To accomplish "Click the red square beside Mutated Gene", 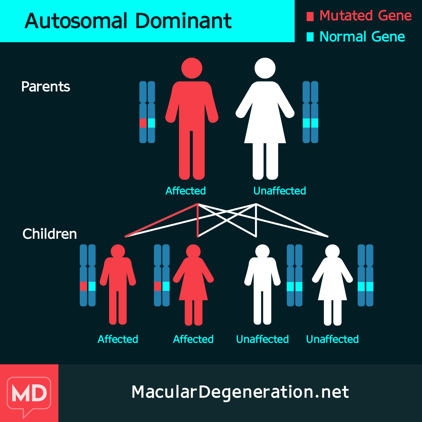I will click(x=310, y=17).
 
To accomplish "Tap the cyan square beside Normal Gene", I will click(x=310, y=37).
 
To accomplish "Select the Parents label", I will click(x=46, y=87).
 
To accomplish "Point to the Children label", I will click(x=50, y=234).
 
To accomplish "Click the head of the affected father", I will click(x=192, y=68).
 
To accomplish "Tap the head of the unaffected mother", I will click(x=265, y=68).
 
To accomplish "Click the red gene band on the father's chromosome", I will click(x=143, y=123).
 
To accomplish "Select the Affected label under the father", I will click(x=186, y=191).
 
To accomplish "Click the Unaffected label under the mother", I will click(x=280, y=191).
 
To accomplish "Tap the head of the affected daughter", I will click(x=193, y=251).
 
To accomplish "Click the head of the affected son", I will click(x=118, y=251).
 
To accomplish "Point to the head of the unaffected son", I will click(x=262, y=251).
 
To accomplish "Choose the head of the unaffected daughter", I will click(x=332, y=251).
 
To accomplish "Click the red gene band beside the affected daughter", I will click(x=158, y=286).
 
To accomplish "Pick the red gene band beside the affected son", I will click(x=83, y=286).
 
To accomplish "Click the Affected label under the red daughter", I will click(x=193, y=339).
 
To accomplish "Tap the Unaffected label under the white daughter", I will click(x=332, y=339).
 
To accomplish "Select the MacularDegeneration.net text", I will click(x=240, y=392).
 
